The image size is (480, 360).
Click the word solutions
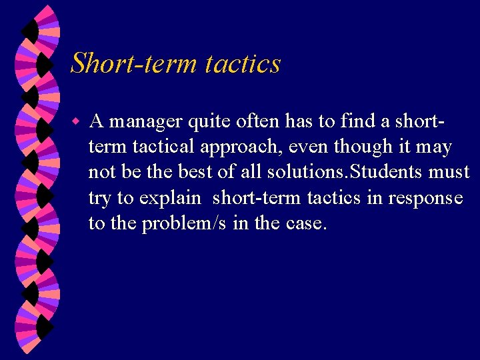click(x=303, y=171)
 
